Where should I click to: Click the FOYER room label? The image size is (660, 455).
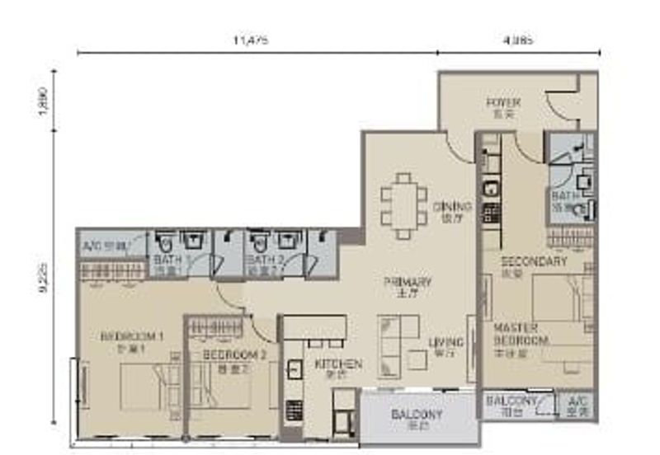click(x=502, y=103)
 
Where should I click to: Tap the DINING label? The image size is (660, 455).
click(x=451, y=207)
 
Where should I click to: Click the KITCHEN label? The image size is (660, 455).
click(x=338, y=364)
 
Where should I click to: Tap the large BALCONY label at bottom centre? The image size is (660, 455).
click(x=417, y=415)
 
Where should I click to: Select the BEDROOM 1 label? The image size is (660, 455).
click(x=132, y=336)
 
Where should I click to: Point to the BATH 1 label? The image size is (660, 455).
click(x=167, y=260)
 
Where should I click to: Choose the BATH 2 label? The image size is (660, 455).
click(x=264, y=260)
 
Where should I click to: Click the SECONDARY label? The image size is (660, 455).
click(x=534, y=262)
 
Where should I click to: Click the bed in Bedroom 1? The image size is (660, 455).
click(x=148, y=386)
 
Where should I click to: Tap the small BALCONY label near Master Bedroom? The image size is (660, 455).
click(x=511, y=401)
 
